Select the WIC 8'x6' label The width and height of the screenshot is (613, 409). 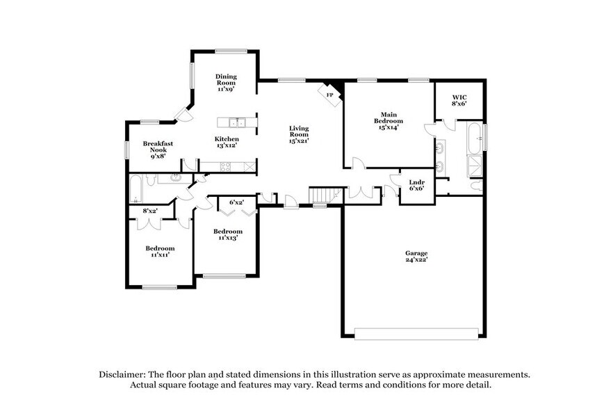tap(459, 100)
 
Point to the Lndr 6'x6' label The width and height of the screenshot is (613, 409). tap(416, 185)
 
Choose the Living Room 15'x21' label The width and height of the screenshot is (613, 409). tap(299, 134)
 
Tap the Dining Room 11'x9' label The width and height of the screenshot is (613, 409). tap(226, 82)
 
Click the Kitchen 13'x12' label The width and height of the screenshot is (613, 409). tap(226, 142)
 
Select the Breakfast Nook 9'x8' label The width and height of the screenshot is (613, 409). tap(158, 150)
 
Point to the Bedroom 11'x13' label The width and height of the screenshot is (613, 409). tap(227, 234)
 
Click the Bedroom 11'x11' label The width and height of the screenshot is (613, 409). tap(159, 251)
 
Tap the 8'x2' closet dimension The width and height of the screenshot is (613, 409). tap(150, 211)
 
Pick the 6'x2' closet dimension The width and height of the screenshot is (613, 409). tap(236, 202)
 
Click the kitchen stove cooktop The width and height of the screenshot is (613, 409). tap(227, 166)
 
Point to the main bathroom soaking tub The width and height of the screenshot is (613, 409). tap(475, 138)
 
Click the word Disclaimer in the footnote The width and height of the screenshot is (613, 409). tap(120, 374)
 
